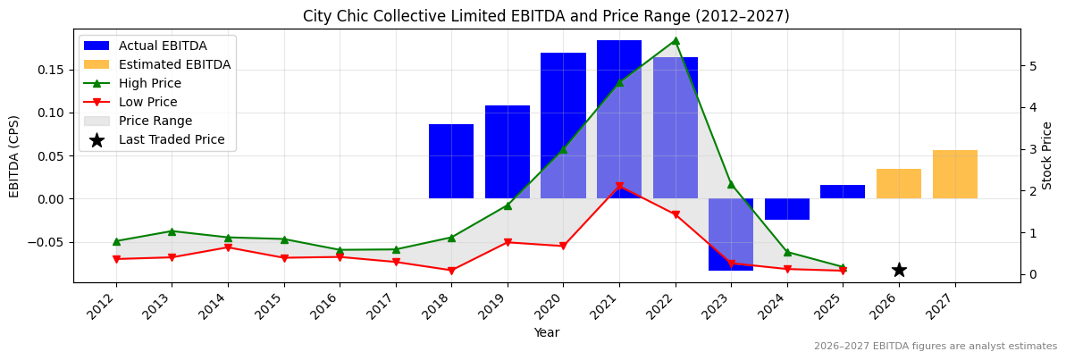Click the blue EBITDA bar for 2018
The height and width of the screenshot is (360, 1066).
tap(451, 161)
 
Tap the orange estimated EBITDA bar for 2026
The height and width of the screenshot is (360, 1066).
tap(898, 183)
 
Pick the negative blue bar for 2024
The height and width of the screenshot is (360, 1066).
tap(786, 209)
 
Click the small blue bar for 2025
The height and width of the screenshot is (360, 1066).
tap(843, 191)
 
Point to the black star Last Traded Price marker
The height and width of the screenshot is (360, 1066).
tap(899, 270)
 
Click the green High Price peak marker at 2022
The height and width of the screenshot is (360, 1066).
tap(675, 40)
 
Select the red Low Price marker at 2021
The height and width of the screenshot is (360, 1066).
tap(619, 187)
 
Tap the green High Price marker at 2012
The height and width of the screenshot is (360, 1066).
tap(116, 241)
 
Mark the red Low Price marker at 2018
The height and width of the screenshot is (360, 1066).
tap(451, 271)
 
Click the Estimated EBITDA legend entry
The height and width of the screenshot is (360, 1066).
tap(174, 64)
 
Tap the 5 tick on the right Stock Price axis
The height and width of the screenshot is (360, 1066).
tap(1032, 66)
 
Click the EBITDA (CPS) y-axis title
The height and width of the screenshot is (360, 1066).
tap(14, 155)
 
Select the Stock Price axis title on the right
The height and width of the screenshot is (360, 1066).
tap(1047, 155)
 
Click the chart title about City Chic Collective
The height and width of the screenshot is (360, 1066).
tap(546, 16)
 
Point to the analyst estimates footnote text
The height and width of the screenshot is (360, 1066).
tap(935, 347)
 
